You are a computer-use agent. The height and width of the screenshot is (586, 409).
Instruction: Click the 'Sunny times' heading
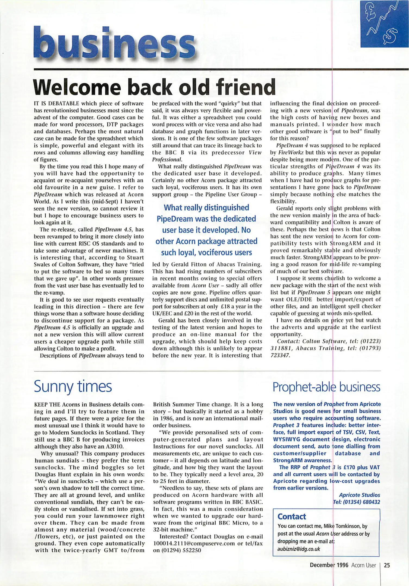pyautogui.click(x=73, y=386)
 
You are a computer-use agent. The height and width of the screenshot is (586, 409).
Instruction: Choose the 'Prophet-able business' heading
pyautogui.click(x=326, y=387)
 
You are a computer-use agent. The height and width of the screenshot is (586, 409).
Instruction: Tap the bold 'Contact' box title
pyautogui.click(x=292, y=516)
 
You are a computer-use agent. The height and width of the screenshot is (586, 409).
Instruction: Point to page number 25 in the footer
pyautogui.click(x=387, y=565)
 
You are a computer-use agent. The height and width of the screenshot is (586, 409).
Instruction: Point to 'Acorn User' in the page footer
pyautogui.click(x=363, y=565)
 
